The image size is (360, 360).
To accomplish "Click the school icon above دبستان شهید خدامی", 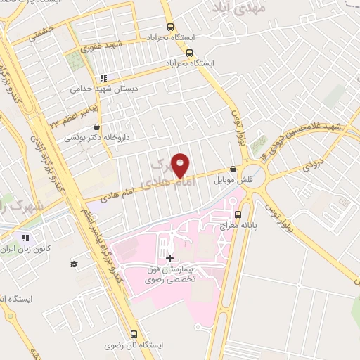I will (104, 78).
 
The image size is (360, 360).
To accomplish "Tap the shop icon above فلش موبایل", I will (233, 169).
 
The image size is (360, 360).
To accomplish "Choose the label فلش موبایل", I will (232, 180).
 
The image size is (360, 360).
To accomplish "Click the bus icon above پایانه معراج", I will (237, 214).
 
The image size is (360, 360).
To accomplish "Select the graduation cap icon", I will (73, 264).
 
